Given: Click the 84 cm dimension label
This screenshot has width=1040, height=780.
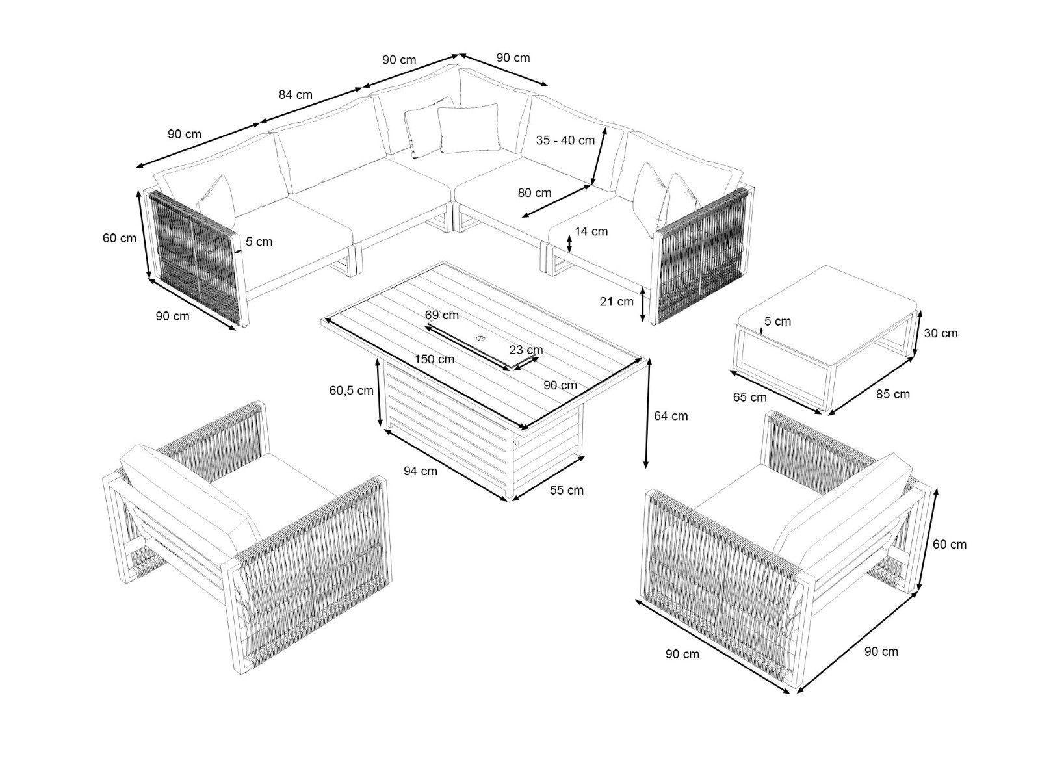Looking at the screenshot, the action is click(x=295, y=95).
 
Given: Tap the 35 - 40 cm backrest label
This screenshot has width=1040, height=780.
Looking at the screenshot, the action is click(x=565, y=140).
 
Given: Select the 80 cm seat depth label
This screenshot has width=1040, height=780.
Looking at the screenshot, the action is click(x=534, y=193).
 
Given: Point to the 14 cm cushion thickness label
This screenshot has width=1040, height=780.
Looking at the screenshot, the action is click(x=591, y=231).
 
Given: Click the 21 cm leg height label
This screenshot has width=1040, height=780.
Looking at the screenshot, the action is click(x=616, y=301).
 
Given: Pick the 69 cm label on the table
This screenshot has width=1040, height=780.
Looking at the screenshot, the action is click(x=441, y=315).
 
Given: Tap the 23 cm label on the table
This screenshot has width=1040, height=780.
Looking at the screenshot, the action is click(x=526, y=350).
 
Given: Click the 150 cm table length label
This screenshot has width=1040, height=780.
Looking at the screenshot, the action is click(x=434, y=359).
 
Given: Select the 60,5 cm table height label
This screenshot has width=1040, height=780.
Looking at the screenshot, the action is click(x=352, y=390).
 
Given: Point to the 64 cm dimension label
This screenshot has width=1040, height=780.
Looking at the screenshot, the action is click(x=670, y=416).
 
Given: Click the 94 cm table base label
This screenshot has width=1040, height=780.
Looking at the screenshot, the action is click(x=421, y=471).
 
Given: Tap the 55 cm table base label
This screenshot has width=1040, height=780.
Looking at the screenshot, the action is click(x=566, y=490).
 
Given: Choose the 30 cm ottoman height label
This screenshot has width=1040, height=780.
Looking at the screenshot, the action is click(x=941, y=333).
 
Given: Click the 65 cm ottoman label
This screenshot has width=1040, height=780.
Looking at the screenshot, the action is click(x=749, y=397).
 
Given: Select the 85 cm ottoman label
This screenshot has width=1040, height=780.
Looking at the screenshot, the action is click(x=892, y=394).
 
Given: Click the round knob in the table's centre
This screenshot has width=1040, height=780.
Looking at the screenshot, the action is click(x=480, y=338).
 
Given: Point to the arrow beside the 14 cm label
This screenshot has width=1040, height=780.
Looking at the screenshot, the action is click(x=569, y=243).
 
